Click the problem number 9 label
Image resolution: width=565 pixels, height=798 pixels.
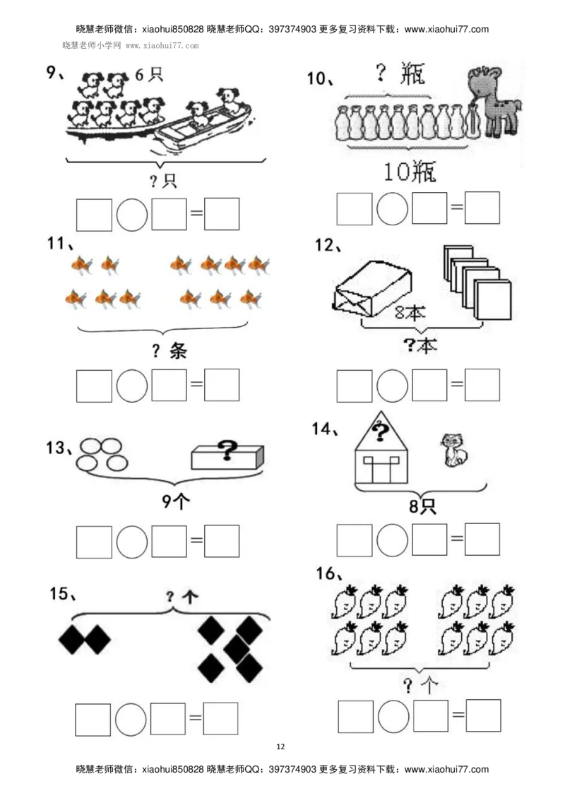54,73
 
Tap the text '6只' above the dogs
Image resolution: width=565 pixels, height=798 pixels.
149,75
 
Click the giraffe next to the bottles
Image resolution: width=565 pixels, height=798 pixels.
494,101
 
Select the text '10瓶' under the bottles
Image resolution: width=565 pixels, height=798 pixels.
410,172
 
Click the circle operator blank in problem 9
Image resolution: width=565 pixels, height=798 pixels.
132,215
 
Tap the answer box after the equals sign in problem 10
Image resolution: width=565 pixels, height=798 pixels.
482,208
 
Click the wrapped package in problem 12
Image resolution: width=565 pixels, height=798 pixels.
372,287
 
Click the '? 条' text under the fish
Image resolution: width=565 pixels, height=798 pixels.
169,351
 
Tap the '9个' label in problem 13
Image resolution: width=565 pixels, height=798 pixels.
176,502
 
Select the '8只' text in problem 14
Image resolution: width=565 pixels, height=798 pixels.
422,506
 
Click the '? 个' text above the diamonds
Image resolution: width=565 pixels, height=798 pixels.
182,597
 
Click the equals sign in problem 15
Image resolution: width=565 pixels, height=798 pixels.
196,719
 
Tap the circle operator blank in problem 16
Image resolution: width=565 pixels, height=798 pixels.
393,717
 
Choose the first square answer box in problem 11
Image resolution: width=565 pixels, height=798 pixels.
94,386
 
